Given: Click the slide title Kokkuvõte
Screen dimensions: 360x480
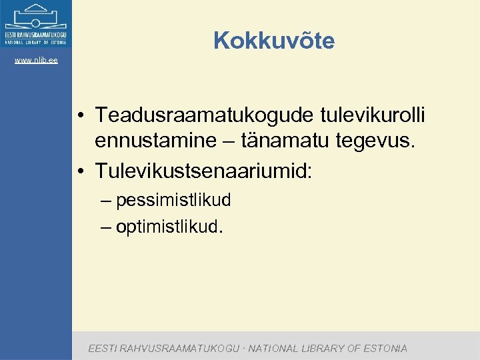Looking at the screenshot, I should coord(274,41).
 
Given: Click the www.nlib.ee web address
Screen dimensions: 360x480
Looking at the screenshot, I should coord(36,61).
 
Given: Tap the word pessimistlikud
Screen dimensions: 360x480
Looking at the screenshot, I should coord(173,199).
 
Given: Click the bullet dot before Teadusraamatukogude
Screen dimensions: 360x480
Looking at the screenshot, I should coord(80,117).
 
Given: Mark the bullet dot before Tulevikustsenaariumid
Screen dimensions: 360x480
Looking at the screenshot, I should coord(80,172).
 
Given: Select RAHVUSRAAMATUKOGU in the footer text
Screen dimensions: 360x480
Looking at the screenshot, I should coord(181,348).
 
